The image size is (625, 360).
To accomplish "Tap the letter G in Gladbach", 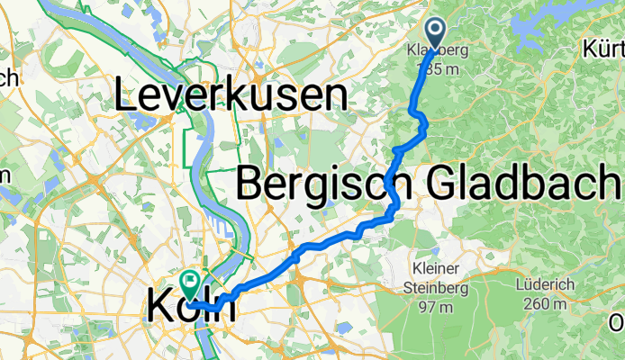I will [434, 184].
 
